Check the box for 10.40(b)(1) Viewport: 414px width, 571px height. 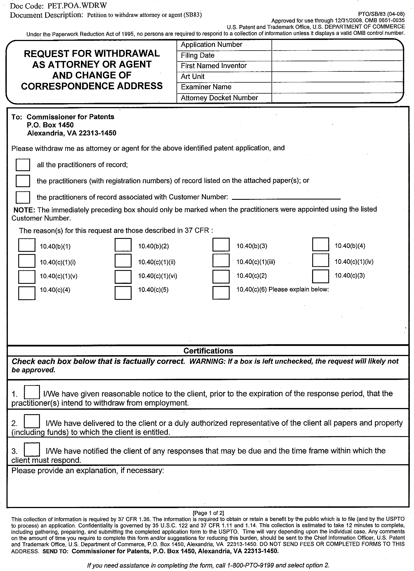(x=27, y=245)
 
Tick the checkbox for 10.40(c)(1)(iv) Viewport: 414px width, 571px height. (x=320, y=260)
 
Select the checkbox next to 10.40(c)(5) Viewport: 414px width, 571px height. (x=123, y=293)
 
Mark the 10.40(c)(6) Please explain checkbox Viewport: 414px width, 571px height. (x=221, y=293)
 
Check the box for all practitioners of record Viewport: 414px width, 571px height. (x=23, y=165)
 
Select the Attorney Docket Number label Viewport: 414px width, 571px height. (x=219, y=98)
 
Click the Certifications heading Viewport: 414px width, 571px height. (x=208, y=351)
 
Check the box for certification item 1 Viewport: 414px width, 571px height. (x=32, y=392)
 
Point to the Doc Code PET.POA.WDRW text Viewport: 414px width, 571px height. (x=58, y=6)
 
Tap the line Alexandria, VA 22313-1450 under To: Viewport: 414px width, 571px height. (x=72, y=133)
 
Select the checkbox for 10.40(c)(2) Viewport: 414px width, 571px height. (x=221, y=277)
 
